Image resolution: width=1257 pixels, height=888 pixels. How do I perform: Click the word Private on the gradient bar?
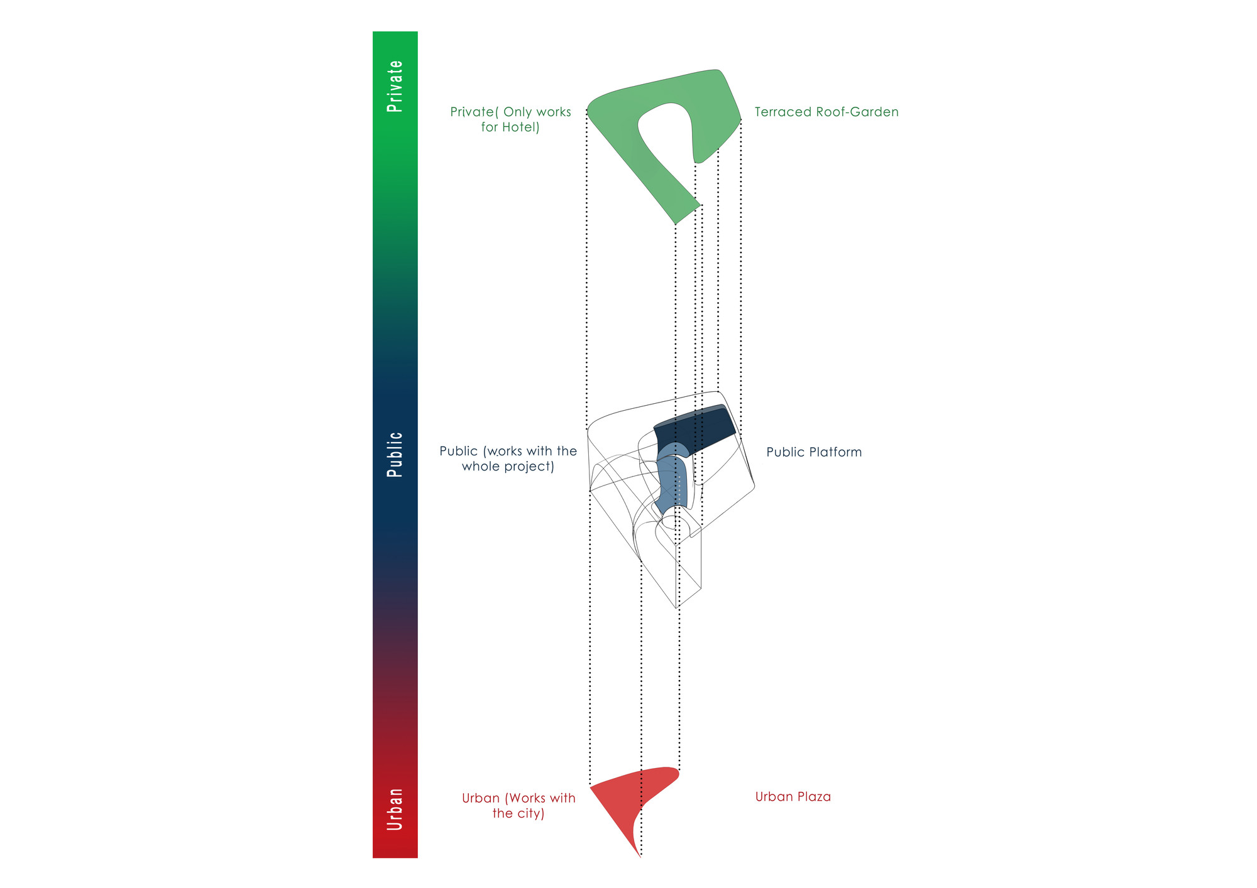(395, 86)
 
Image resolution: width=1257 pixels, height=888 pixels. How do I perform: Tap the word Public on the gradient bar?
(395, 455)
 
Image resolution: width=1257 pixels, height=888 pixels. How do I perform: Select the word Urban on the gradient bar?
(395, 809)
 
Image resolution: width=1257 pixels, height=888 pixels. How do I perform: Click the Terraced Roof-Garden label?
(826, 112)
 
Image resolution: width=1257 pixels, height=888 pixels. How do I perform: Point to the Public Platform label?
(814, 452)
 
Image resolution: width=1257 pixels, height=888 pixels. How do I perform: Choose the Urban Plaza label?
(793, 797)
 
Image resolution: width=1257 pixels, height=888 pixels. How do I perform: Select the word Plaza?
(815, 797)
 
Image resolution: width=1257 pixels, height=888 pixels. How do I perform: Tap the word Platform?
(835, 452)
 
